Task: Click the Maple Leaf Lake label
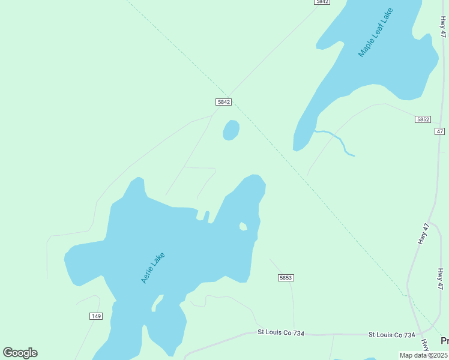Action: pyautogui.click(x=375, y=33)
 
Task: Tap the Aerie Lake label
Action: pyautogui.click(x=152, y=268)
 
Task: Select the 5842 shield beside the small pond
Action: pyautogui.click(x=223, y=102)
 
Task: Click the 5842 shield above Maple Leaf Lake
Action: pyautogui.click(x=322, y=2)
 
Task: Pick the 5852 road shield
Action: pyautogui.click(x=423, y=119)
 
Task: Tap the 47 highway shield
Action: pyautogui.click(x=440, y=131)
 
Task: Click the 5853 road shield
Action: pyautogui.click(x=286, y=278)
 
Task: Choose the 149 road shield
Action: pyautogui.click(x=95, y=316)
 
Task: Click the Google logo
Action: pyautogui.click(x=20, y=353)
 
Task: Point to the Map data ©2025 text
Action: pyautogui.click(x=424, y=355)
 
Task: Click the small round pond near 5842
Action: pyautogui.click(x=231, y=130)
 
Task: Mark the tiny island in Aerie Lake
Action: pyautogui.click(x=243, y=226)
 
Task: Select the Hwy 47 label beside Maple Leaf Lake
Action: pyautogui.click(x=443, y=27)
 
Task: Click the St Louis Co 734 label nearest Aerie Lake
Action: pyautogui.click(x=281, y=332)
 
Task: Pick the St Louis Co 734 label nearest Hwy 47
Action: pyautogui.click(x=391, y=334)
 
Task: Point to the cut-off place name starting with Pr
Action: pyautogui.click(x=444, y=341)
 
